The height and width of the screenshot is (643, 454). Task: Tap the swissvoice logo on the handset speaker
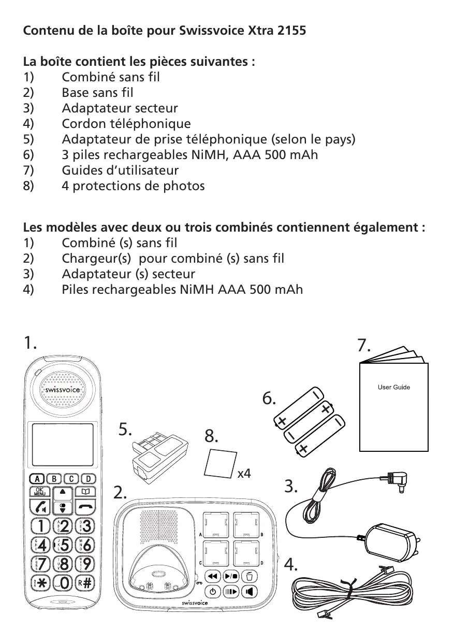pyautogui.click(x=61, y=390)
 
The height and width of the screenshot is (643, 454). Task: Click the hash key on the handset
pyautogui.click(x=86, y=582)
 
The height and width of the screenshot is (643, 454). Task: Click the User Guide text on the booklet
pyautogui.click(x=394, y=387)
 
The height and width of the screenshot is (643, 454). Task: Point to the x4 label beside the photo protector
pyautogui.click(x=244, y=473)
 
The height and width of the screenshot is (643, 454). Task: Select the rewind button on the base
pyautogui.click(x=212, y=576)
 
